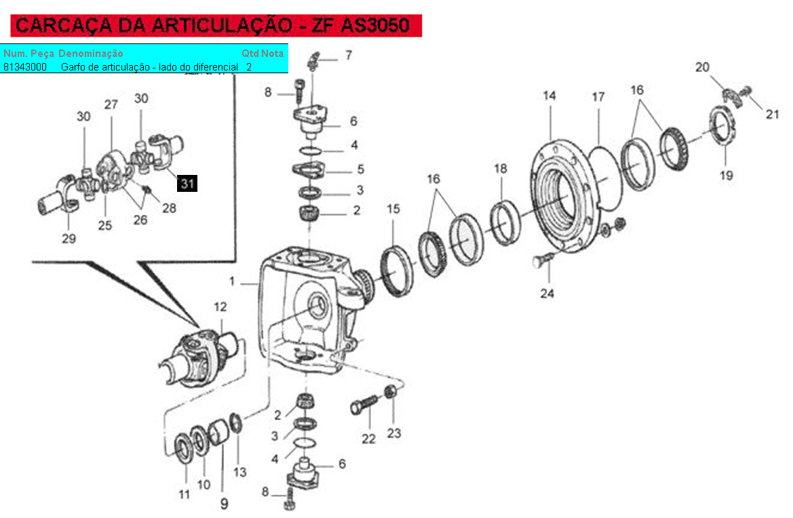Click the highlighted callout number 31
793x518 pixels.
click(x=187, y=184)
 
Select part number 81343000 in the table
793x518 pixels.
click(x=25, y=67)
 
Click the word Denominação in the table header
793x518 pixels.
click(x=90, y=54)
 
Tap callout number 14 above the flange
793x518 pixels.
click(x=549, y=96)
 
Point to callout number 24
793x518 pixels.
click(x=547, y=294)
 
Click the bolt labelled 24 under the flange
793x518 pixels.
click(x=542, y=260)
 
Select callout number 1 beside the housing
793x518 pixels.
click(x=231, y=281)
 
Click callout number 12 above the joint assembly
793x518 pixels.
click(x=220, y=306)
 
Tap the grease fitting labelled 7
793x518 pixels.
click(x=313, y=60)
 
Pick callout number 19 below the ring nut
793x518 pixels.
click(x=727, y=176)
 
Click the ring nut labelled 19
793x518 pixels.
click(x=722, y=124)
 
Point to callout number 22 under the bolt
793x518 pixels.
click(x=368, y=439)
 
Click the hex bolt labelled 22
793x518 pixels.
click(x=364, y=404)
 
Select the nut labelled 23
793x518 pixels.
click(x=390, y=391)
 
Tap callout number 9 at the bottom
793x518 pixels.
click(x=224, y=503)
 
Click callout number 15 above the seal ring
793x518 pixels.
click(x=393, y=209)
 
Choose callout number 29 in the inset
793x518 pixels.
click(x=69, y=239)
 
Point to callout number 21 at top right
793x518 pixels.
click(x=772, y=114)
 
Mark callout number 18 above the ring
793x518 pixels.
click(x=500, y=168)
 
